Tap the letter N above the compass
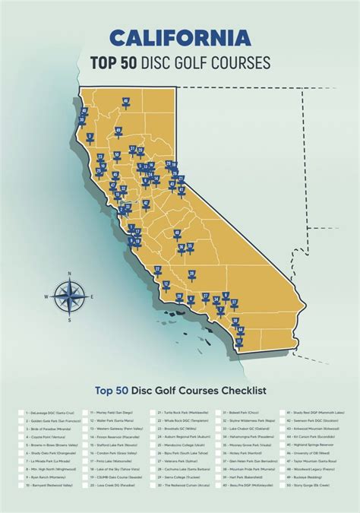point(70,274)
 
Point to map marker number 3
point(90,138)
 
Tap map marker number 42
point(150,180)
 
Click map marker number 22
point(157,269)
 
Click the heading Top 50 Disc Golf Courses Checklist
point(180,391)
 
